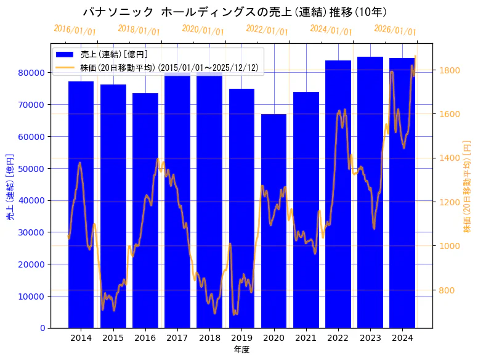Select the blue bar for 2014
pos(81,204)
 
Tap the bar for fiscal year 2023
pos(370,192)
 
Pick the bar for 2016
pos(145,210)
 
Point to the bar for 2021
pos(306,210)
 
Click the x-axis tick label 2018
pos(209,338)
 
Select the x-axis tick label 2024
pos(402,338)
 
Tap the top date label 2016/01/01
pos(75,30)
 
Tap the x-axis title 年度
pos(241,350)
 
